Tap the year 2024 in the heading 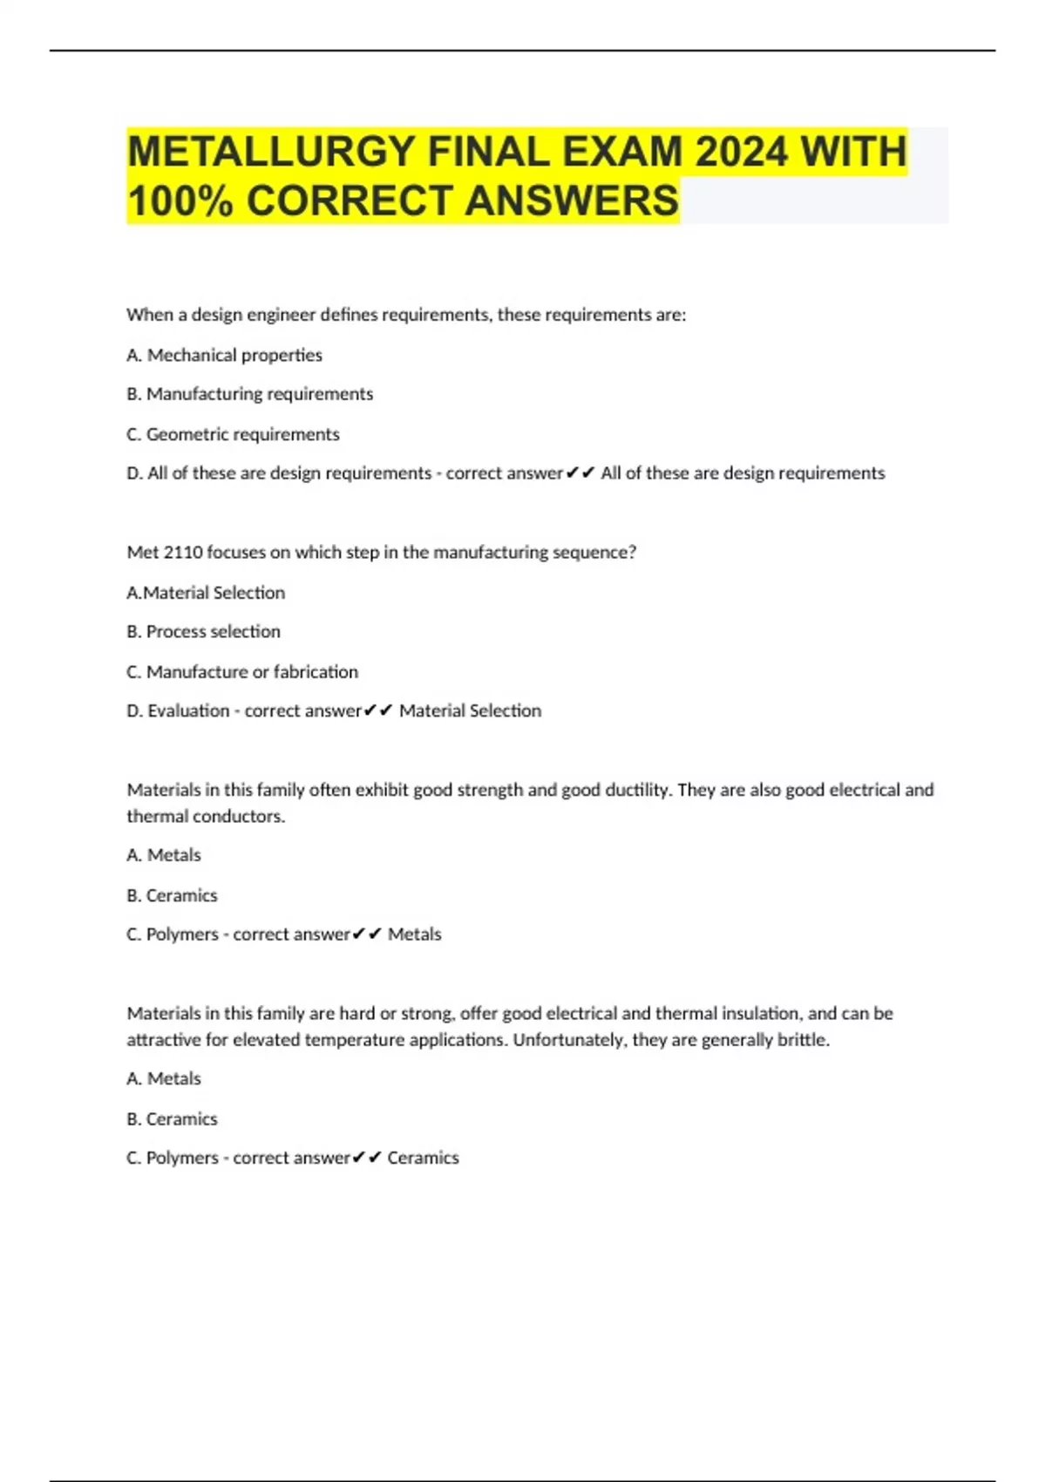click(x=741, y=152)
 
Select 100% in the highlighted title click(x=180, y=201)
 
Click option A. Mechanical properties click(x=224, y=355)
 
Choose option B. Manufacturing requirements click(x=249, y=394)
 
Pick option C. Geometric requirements click(x=233, y=434)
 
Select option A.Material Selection click(x=206, y=593)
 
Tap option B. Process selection click(x=203, y=631)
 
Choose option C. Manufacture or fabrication click(x=242, y=672)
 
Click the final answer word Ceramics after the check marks click(x=423, y=1158)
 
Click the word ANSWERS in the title click(x=571, y=201)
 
